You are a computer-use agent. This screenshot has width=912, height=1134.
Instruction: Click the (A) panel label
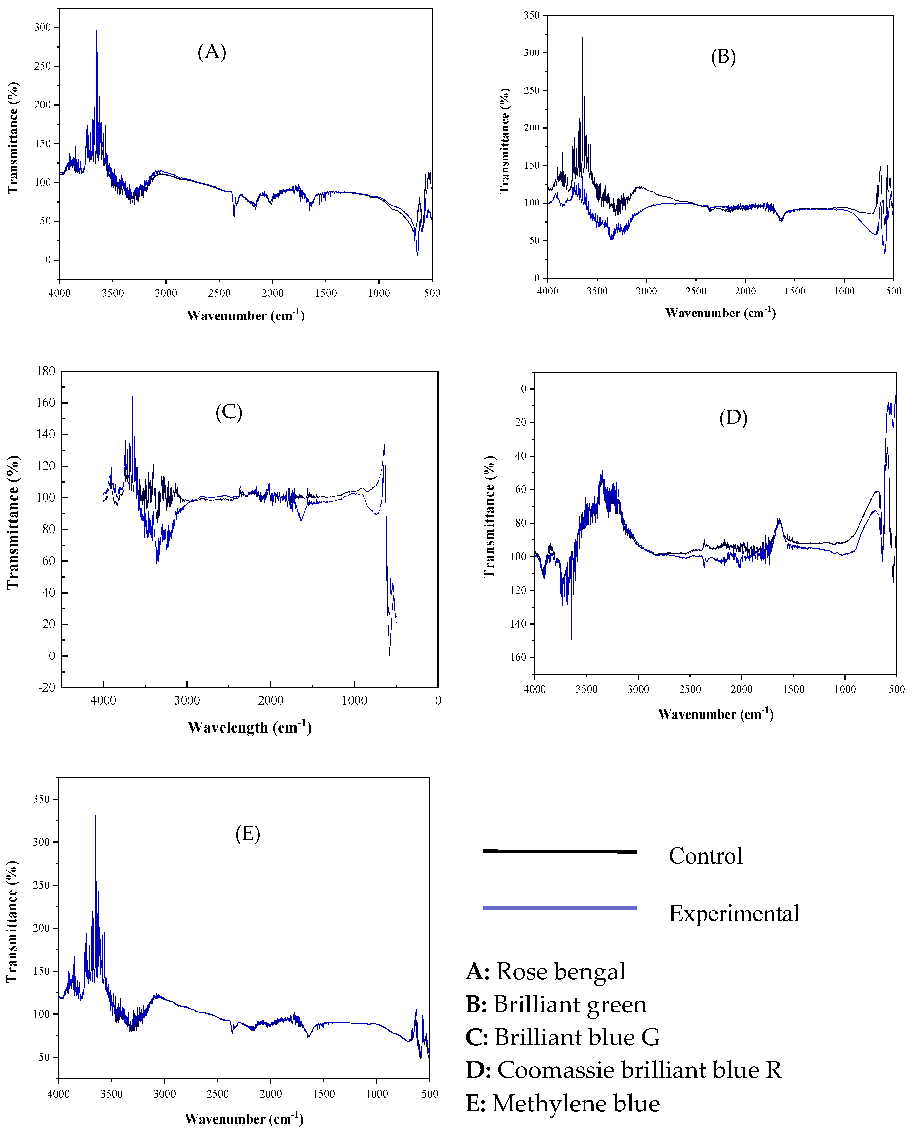click(x=212, y=52)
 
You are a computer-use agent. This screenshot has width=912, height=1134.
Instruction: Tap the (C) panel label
click(x=229, y=412)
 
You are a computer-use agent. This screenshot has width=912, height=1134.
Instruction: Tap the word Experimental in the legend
click(x=733, y=914)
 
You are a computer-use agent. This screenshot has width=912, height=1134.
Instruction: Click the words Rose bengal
click(x=561, y=972)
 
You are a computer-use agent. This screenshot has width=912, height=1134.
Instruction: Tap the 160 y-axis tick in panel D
click(x=518, y=657)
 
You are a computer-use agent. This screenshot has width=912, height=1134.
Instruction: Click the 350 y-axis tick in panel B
click(x=531, y=15)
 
